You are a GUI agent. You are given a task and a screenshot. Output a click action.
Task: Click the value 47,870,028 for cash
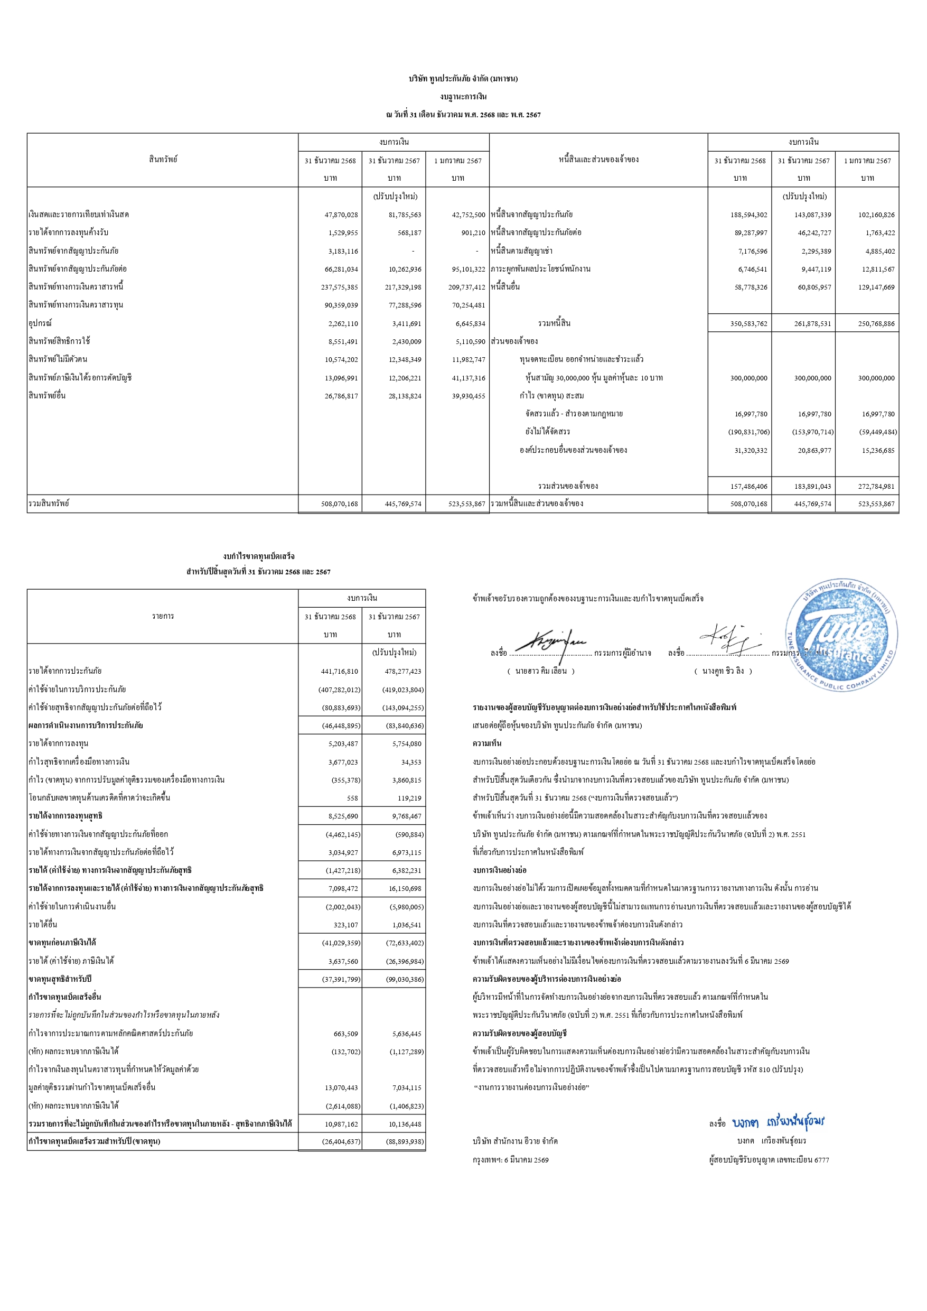tap(341, 215)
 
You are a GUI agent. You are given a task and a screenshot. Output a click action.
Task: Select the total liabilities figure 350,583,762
tap(749, 324)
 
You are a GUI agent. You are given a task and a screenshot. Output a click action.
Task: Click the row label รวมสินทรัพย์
tap(49, 504)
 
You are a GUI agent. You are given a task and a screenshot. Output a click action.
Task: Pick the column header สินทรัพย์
tap(163, 159)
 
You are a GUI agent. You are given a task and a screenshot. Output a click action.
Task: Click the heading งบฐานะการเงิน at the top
tap(463, 97)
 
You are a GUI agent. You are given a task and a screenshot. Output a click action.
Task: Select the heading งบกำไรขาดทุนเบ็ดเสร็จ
tap(259, 556)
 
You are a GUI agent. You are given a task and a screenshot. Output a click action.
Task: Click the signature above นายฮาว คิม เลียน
tap(551, 643)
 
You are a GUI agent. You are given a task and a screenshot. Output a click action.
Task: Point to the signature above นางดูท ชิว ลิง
tap(731, 638)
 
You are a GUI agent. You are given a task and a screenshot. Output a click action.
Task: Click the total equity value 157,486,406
tap(749, 487)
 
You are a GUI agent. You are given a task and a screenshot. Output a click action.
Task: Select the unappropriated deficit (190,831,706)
tap(748, 432)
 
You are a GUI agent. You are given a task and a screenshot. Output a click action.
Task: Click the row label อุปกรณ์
tap(40, 323)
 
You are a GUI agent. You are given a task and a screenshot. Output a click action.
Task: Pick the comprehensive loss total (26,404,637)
tap(341, 1141)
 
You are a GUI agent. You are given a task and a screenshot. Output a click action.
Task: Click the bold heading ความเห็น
tap(487, 743)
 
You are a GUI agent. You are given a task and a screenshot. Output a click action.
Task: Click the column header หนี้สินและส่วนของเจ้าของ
tap(598, 159)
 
